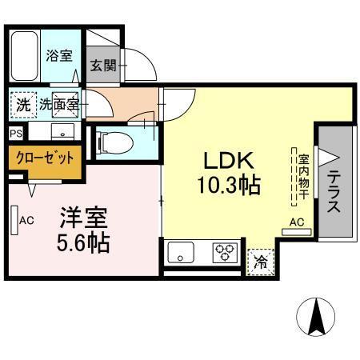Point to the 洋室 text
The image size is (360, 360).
tap(82, 216)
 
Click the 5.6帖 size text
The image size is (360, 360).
tap(82, 242)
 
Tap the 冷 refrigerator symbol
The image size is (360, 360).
tap(260, 261)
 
